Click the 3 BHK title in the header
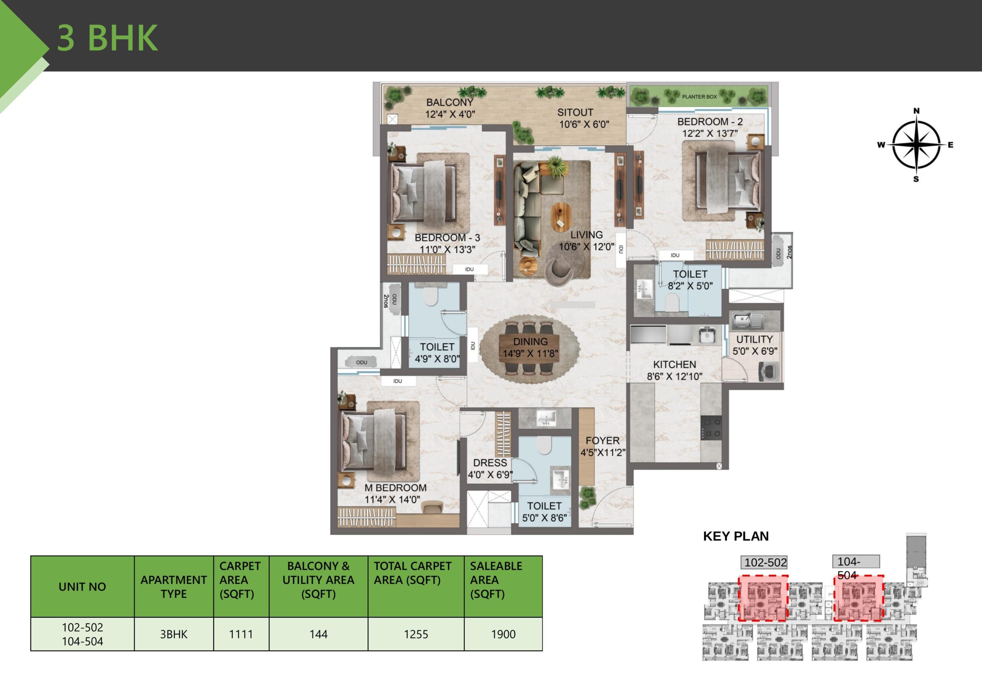pos(107,38)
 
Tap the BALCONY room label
pos(450,103)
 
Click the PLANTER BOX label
pos(699,97)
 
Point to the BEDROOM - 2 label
pos(710,122)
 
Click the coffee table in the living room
pos(561,217)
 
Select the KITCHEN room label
pos(674,364)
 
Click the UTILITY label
pos(754,339)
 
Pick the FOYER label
pos(602,441)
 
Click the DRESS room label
pos(490,463)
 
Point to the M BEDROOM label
pos(395,487)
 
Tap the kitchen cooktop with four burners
pos(711,427)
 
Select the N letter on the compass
pos(916,111)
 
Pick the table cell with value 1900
pos(503,634)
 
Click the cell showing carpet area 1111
pos(241,634)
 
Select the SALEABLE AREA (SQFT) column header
pos(496,580)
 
